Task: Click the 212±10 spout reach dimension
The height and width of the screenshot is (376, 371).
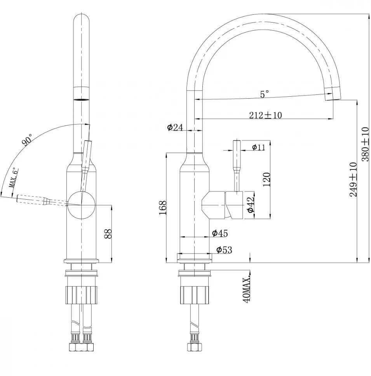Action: (266, 115)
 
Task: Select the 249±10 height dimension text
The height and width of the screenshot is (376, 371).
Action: (353, 179)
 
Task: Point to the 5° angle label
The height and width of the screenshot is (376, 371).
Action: (265, 94)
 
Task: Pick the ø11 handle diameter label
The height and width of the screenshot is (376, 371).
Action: (258, 147)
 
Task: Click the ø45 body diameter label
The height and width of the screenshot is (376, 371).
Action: (220, 233)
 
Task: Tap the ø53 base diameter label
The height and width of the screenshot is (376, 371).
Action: (224, 250)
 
